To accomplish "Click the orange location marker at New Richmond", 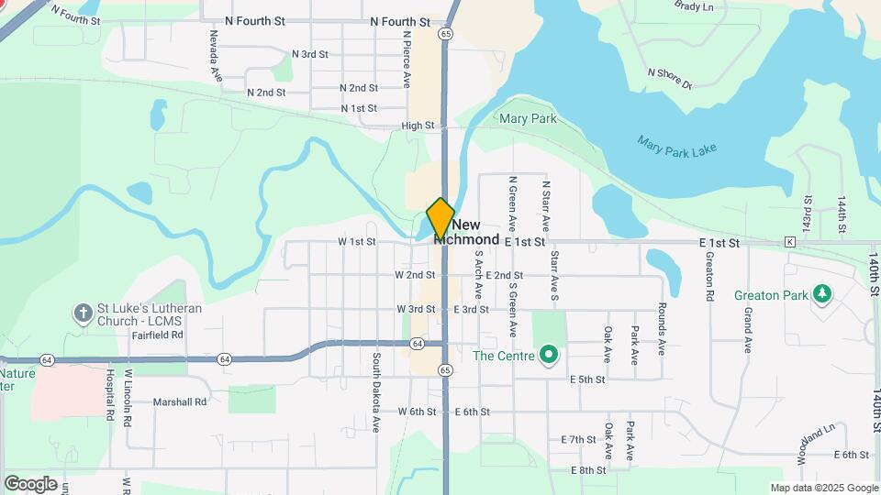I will tap(440, 218).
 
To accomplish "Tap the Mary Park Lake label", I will tap(676, 146).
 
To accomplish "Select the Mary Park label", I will tap(528, 119).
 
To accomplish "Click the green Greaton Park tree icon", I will tap(823, 294).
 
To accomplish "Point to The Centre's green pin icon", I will tap(549, 354).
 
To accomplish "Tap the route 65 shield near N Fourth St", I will tap(445, 34).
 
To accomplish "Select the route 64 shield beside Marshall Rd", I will tap(224, 358).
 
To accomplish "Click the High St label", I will tap(417, 126).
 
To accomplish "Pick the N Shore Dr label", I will tap(669, 79).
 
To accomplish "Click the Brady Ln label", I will tap(694, 6).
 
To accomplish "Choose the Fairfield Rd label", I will tap(157, 335).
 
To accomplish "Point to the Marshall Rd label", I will tap(180, 401).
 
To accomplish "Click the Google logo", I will tap(30, 484).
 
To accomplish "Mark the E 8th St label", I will tap(587, 470).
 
